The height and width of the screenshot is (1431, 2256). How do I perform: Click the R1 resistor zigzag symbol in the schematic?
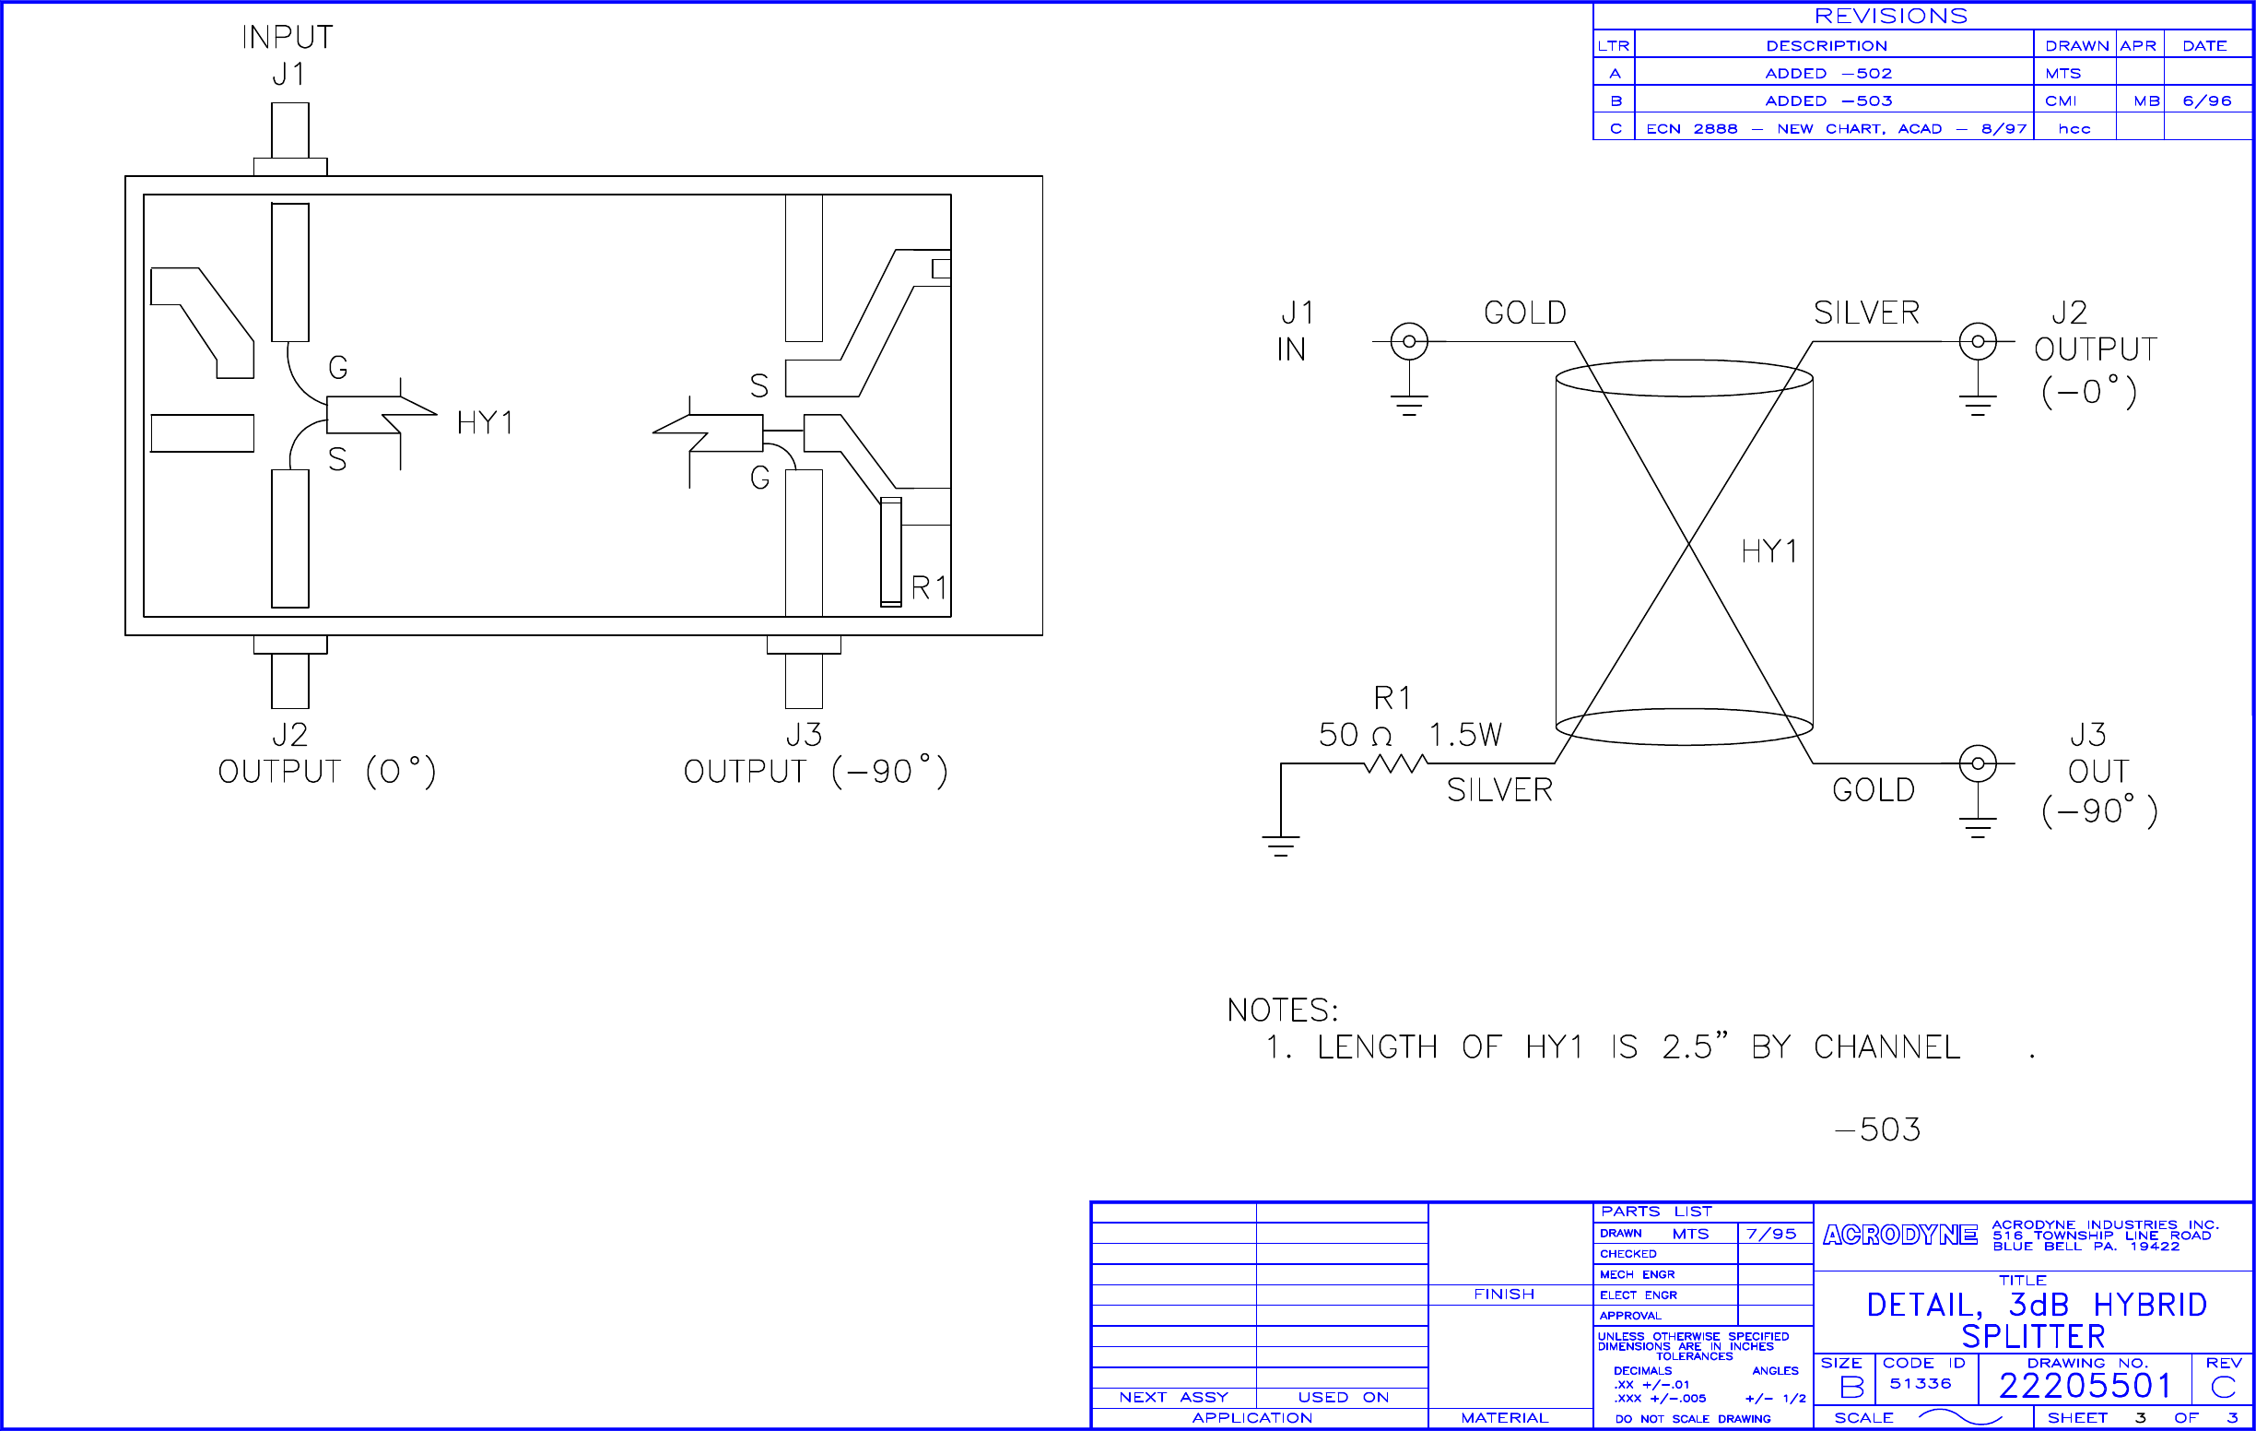pos(1395,763)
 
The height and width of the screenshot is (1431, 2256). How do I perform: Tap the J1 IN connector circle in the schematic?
pos(1409,342)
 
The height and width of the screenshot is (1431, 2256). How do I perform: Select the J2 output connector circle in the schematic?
pos(1977,342)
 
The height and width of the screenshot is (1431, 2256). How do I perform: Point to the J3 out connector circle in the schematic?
pos(1977,763)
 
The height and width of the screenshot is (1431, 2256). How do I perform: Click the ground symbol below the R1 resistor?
pos(1281,845)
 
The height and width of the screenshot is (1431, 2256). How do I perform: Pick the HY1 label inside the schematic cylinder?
pos(1768,551)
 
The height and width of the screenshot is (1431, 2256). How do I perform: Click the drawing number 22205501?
pos(2085,1386)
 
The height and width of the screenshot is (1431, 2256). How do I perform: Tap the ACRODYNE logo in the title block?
pos(1900,1236)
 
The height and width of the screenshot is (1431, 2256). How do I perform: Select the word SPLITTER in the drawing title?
pos(2033,1336)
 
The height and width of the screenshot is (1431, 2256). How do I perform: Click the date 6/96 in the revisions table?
pos(2207,101)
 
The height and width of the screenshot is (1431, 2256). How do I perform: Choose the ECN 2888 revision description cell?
pos(1834,129)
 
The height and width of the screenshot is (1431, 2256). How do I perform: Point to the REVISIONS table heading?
pos(1891,16)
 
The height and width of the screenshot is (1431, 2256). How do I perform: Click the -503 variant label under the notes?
pos(1877,1129)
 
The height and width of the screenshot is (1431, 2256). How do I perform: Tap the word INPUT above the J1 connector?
pos(288,38)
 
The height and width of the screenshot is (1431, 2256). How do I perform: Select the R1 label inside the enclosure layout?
pos(928,587)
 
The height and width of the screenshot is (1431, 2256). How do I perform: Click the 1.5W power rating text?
pos(1465,735)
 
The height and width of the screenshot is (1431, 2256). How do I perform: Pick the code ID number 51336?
pos(1920,1384)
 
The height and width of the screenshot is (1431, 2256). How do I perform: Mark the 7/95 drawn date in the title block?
pos(1771,1235)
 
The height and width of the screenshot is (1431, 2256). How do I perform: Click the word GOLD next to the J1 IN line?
pos(1524,313)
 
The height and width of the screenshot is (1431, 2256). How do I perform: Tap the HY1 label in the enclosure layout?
pos(485,423)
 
